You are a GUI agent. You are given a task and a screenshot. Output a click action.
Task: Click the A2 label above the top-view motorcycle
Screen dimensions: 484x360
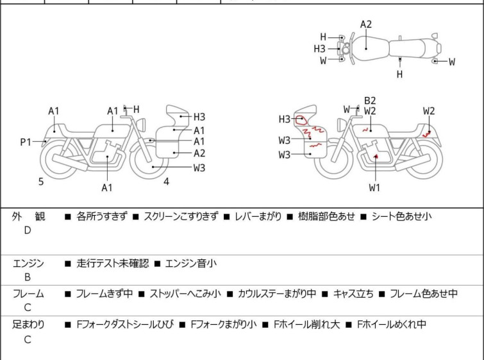tap(366, 24)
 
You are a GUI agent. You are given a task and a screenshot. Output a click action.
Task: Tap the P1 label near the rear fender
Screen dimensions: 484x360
tap(26, 142)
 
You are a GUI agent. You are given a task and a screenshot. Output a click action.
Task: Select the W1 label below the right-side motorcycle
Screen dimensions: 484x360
tap(374, 187)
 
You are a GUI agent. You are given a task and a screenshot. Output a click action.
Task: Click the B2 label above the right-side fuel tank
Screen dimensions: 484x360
tap(370, 101)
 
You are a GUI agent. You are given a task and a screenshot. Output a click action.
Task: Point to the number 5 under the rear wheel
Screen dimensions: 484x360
tap(41, 182)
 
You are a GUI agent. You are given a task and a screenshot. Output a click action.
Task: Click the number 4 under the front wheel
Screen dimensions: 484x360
tap(167, 182)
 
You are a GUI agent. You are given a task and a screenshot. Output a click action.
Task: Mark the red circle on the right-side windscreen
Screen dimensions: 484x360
tap(301, 120)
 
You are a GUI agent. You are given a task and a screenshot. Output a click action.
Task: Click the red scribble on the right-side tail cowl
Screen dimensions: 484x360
tap(427, 134)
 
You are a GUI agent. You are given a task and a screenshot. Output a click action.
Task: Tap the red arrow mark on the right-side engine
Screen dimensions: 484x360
tap(376, 157)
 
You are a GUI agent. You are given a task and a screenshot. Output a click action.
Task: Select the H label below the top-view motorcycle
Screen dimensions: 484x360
tap(400, 74)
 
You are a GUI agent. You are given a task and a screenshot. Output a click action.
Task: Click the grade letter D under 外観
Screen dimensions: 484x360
tap(28, 230)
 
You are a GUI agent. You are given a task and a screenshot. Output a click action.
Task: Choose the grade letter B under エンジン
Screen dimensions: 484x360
tap(28, 277)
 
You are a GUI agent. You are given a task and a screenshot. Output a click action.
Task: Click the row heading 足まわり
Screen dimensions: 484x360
tap(28, 325)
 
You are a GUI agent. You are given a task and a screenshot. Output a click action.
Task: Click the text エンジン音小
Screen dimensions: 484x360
tap(191, 263)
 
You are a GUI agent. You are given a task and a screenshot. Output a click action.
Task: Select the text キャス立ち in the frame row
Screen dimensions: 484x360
tap(353, 293)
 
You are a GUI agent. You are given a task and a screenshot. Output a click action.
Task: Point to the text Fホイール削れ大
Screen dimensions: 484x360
tap(307, 325)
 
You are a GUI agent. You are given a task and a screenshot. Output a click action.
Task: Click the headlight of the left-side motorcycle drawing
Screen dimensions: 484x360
tap(141, 124)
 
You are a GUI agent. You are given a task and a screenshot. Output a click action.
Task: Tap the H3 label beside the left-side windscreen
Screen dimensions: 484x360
tap(199, 117)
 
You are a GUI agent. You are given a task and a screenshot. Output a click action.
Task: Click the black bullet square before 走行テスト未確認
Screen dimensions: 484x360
tap(67, 264)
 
